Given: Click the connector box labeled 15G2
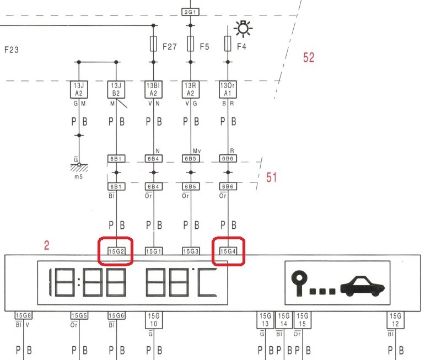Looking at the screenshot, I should pyautogui.click(x=115, y=251).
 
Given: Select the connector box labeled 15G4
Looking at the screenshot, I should pyautogui.click(x=229, y=251).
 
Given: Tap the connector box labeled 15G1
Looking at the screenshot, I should pyautogui.click(x=153, y=251).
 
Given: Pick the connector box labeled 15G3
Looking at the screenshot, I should pyautogui.click(x=191, y=251).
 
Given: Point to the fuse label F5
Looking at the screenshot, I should pyautogui.click(x=204, y=47).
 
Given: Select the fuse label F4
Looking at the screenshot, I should pyautogui.click(x=241, y=47).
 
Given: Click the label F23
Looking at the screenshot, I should pyautogui.click(x=12, y=50).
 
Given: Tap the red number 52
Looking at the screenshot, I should pyautogui.click(x=309, y=57).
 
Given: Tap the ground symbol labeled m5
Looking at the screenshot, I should pyautogui.click(x=79, y=169).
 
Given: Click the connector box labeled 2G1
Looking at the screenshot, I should pyautogui.click(x=190, y=10).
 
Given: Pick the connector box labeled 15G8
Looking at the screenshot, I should pyautogui.click(x=24, y=316).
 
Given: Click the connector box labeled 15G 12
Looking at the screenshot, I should pyautogui.click(x=395, y=319).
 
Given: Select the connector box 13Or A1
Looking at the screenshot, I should pyautogui.click(x=229, y=90).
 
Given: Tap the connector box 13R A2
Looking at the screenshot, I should pyautogui.click(x=190, y=90).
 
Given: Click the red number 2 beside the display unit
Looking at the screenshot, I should pyautogui.click(x=47, y=245).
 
